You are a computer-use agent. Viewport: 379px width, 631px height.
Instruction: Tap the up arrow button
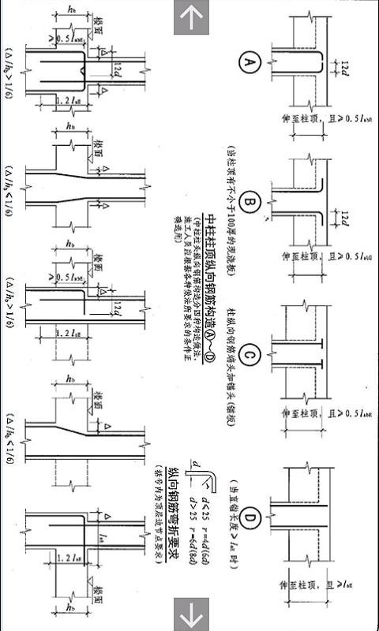pos(189,17)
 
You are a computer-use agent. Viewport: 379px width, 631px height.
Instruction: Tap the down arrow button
pos(189,613)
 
